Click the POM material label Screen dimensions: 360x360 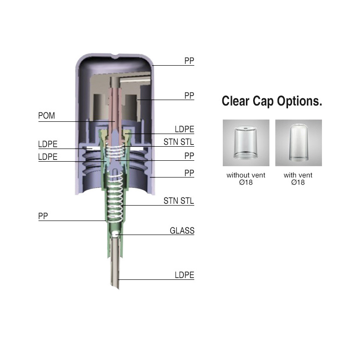point(46,115)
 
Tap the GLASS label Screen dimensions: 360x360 point(182,230)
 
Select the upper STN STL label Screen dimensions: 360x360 point(178,142)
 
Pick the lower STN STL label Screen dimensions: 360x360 point(178,201)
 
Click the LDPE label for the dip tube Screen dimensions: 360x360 point(184,275)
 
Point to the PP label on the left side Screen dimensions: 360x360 point(43,216)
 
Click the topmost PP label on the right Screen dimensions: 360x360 point(189,61)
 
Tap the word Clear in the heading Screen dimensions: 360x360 point(235,101)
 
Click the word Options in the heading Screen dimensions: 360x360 point(299,101)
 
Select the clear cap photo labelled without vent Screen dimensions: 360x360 point(246,143)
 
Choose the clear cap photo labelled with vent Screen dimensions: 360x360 point(298,143)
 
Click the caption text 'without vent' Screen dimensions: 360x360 point(246,175)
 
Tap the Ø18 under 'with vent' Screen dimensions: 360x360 point(298,182)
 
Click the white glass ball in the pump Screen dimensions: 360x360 point(115,234)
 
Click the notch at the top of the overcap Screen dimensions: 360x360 point(115,56)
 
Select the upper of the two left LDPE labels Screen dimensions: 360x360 point(48,144)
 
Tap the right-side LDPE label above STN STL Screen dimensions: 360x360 point(184,129)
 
